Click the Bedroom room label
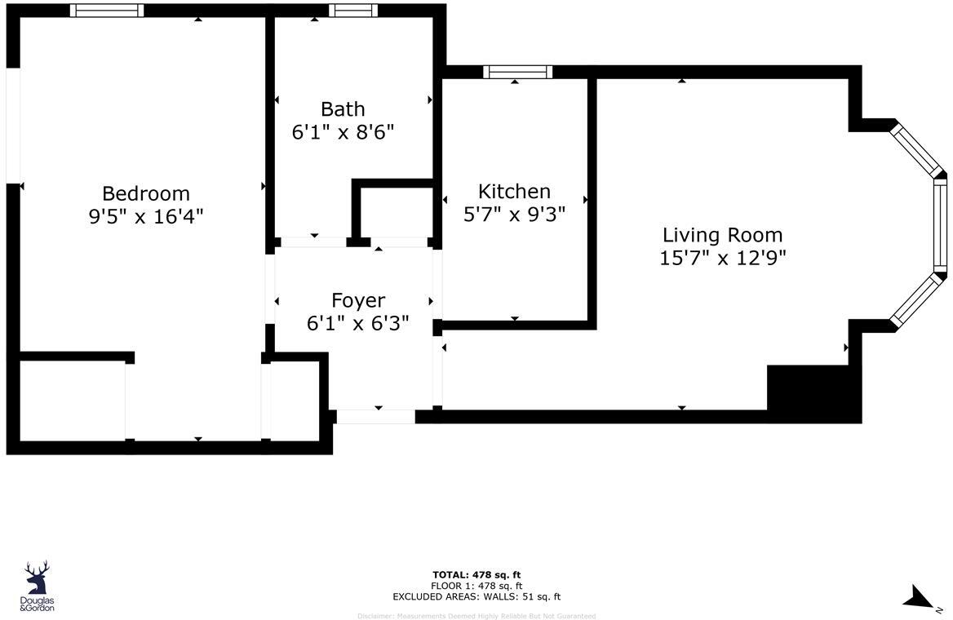(145, 193)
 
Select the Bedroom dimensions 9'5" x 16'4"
(145, 217)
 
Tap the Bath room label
(343, 109)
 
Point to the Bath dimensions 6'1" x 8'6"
(343, 132)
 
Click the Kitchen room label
(514, 191)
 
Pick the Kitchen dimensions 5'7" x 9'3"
(514, 214)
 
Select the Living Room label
(722, 235)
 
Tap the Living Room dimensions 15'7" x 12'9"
(722, 258)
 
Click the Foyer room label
(357, 300)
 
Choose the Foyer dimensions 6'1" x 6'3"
(357, 324)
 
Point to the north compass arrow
(919, 597)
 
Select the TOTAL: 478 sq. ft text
(476, 574)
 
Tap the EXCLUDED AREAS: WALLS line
(476, 597)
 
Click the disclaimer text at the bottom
(476, 616)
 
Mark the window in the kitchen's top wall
(517, 72)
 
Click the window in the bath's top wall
(353, 11)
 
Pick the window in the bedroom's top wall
(107, 11)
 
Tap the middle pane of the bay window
(939, 224)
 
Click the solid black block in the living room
(813, 392)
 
